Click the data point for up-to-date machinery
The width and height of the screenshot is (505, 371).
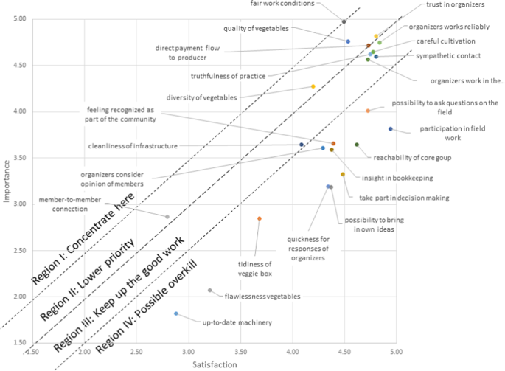(x=176, y=313)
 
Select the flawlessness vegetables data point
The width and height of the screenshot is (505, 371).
(x=210, y=291)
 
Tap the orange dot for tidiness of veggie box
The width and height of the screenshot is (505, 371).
(x=260, y=218)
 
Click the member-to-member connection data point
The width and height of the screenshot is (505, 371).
(x=167, y=217)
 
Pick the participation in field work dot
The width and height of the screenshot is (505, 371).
(x=391, y=129)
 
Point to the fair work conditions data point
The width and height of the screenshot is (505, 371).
(x=344, y=21)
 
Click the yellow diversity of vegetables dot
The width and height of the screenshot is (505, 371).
(x=313, y=86)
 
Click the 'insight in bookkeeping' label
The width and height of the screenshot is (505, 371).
(x=397, y=178)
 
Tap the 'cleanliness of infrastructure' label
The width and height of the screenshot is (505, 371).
(x=133, y=146)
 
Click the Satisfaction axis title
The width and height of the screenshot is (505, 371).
(x=215, y=364)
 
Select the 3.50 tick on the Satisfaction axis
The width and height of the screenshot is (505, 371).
(x=241, y=353)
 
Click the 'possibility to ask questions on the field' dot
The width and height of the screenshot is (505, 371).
(x=368, y=111)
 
